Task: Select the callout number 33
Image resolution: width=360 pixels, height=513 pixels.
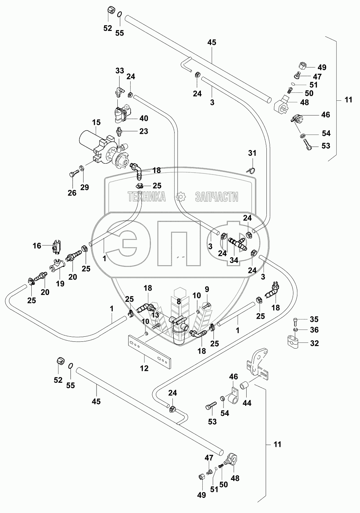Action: pyautogui.click(x=120, y=70)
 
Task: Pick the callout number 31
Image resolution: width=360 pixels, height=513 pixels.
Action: pyautogui.click(x=252, y=154)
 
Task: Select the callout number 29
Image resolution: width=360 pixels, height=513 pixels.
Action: pyautogui.click(x=84, y=187)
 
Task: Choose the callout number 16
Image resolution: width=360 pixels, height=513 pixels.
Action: pyautogui.click(x=37, y=246)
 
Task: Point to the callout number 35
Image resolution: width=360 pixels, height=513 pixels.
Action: pyautogui.click(x=315, y=319)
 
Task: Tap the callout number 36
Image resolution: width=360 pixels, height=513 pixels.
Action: pyautogui.click(x=315, y=330)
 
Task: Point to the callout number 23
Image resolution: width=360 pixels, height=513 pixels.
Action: pyautogui.click(x=144, y=132)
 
